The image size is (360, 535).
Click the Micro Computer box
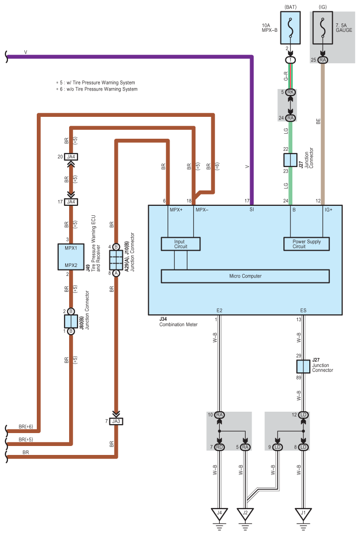[x=245, y=276]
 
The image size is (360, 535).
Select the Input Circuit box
[x=180, y=244]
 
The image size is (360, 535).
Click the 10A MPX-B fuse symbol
[x=287, y=28]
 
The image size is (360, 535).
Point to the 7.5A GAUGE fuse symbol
[x=323, y=28]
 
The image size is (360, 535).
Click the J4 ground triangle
[x=219, y=514]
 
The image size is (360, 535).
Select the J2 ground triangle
[x=245, y=514]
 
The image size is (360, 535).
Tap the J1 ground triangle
[x=303, y=514]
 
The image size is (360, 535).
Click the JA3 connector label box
[x=116, y=421]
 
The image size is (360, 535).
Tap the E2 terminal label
[x=219, y=310]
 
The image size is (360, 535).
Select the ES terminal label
[x=303, y=310]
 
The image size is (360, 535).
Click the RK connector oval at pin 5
[x=291, y=92]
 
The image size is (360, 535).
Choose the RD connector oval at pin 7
[x=219, y=447]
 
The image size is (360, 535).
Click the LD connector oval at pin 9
[x=277, y=447]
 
